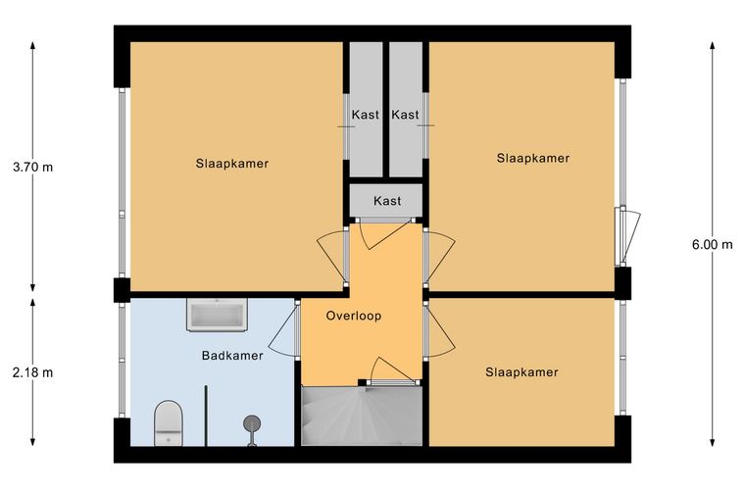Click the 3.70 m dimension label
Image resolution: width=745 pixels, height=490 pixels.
click(x=32, y=168)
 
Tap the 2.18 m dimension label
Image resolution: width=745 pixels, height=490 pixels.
click(x=32, y=372)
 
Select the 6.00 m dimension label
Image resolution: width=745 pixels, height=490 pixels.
click(x=713, y=245)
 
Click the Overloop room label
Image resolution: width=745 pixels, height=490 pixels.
click(x=354, y=316)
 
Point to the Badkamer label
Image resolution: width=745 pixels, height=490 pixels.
click(x=232, y=355)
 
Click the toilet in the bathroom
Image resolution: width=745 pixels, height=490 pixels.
click(x=169, y=423)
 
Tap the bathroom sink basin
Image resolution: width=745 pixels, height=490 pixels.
click(x=217, y=315)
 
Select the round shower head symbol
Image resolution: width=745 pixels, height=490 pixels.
click(x=252, y=422)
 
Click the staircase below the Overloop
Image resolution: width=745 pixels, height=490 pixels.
click(x=362, y=416)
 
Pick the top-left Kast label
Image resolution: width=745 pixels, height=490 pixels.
click(x=366, y=115)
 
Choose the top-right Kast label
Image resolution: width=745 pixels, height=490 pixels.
click(x=405, y=115)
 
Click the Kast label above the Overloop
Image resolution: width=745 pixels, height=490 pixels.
click(x=387, y=201)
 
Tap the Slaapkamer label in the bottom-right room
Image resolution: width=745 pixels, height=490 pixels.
click(x=521, y=371)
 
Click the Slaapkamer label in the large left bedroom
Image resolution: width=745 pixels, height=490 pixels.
click(x=232, y=164)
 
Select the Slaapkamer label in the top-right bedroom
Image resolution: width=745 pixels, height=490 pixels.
click(x=533, y=158)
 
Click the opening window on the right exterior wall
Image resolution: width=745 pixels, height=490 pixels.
click(x=628, y=236)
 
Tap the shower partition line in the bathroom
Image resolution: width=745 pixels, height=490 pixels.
click(x=206, y=416)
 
